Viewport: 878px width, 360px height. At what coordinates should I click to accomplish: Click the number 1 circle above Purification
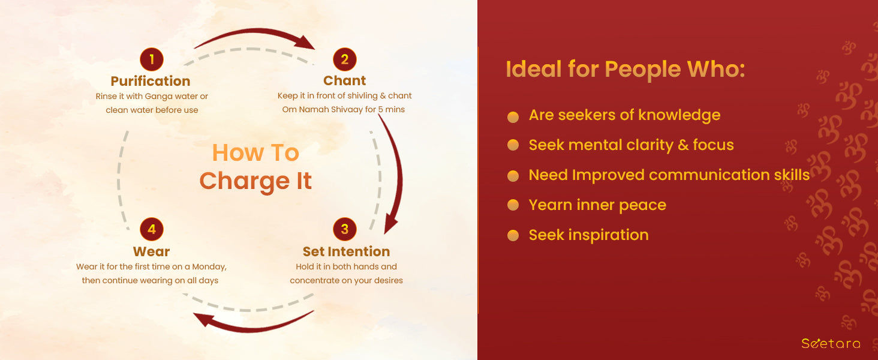click(152, 59)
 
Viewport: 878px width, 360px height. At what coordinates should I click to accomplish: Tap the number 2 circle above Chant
click(344, 59)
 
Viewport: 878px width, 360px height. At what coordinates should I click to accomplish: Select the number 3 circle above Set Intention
click(344, 229)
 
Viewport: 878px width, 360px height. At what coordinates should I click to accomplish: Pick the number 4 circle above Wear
click(152, 229)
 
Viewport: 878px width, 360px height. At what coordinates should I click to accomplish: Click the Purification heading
click(151, 81)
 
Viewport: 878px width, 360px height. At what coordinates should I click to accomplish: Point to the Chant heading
click(344, 80)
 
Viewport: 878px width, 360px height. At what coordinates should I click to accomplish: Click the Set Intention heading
click(346, 251)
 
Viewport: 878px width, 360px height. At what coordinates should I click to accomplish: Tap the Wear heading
click(151, 251)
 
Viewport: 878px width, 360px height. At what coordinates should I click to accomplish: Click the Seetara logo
click(831, 344)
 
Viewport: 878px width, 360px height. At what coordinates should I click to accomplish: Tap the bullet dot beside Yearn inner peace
click(513, 205)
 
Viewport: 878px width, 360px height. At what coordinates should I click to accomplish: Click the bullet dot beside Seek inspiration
click(513, 235)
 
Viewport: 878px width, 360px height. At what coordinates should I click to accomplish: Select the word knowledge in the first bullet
click(679, 115)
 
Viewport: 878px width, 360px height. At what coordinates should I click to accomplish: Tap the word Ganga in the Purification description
click(159, 97)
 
